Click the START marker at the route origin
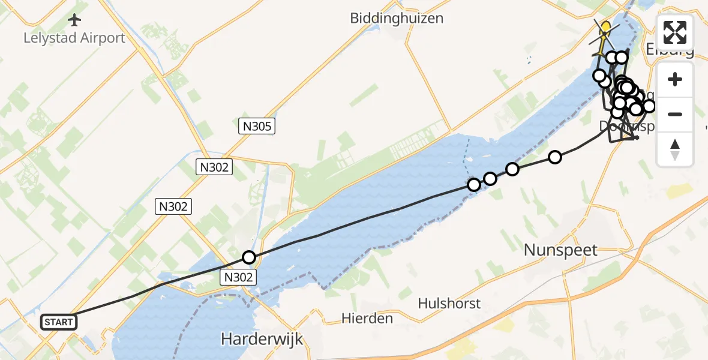(x=59, y=322)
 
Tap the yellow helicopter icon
(x=605, y=28)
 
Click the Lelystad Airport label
(x=74, y=38)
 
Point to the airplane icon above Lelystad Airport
(x=74, y=20)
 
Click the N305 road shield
(x=257, y=126)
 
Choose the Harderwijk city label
(x=262, y=339)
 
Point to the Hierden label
(x=367, y=318)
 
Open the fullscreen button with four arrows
(x=675, y=32)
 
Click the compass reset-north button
(x=675, y=149)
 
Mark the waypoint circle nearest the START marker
(x=249, y=257)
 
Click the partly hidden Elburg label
(x=672, y=49)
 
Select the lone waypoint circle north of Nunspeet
(x=555, y=157)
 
